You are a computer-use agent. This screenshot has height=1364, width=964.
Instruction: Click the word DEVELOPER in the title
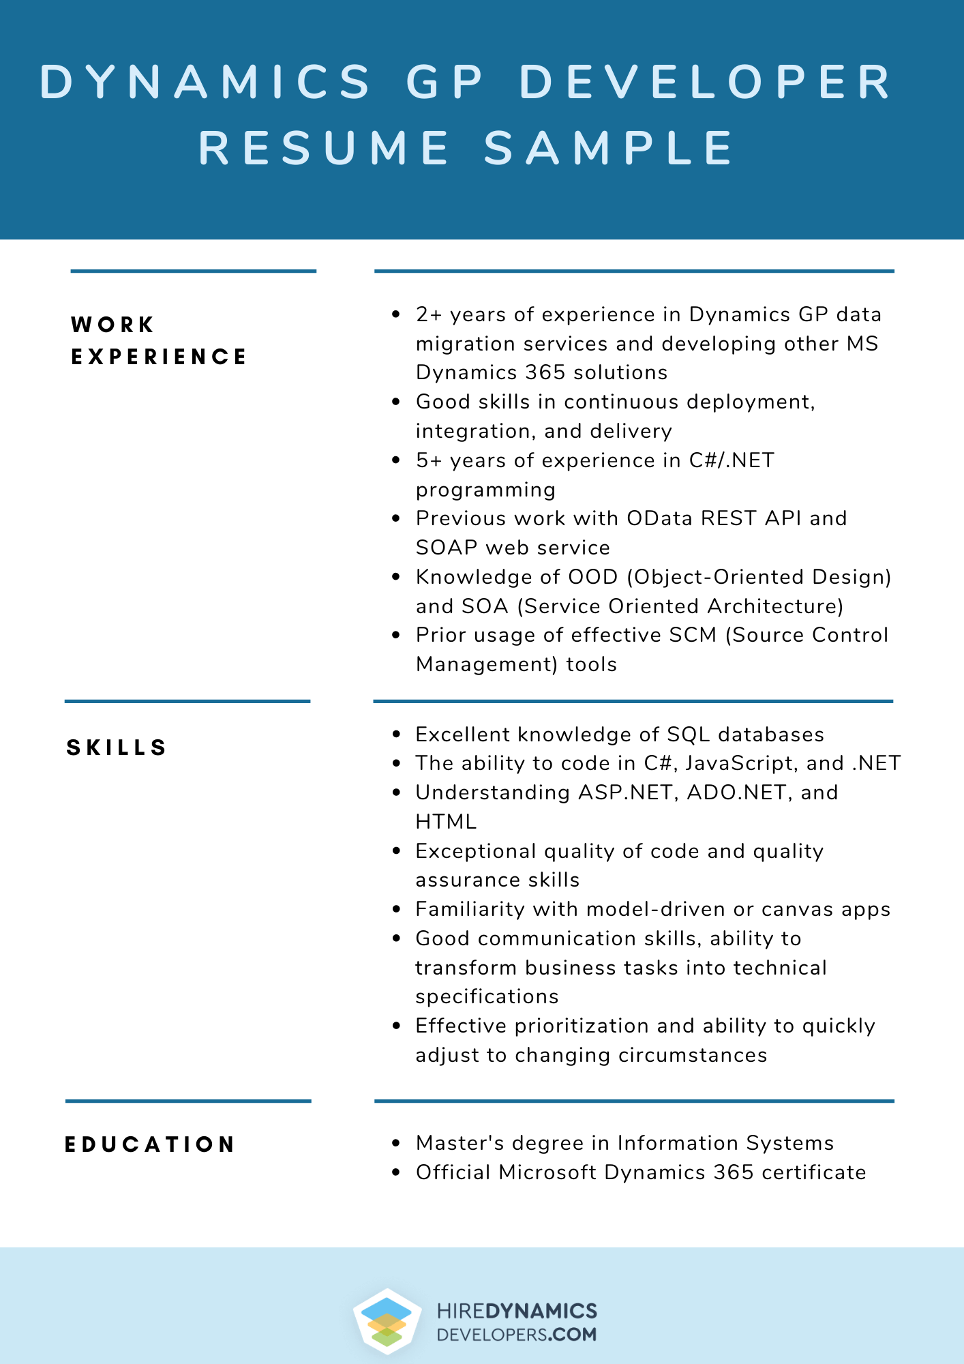pyautogui.click(x=706, y=82)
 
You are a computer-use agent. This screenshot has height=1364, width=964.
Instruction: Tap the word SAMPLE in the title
pyautogui.click(x=609, y=148)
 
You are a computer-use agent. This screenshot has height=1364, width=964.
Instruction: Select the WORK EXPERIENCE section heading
pyautogui.click(x=158, y=340)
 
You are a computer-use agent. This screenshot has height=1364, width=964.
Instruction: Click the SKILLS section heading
pyautogui.click(x=117, y=747)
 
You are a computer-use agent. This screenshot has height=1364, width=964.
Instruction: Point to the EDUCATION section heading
pyautogui.click(x=150, y=1144)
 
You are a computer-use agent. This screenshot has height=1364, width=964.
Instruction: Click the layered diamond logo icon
pyautogui.click(x=387, y=1321)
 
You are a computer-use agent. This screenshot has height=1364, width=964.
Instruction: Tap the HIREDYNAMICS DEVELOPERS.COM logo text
pyautogui.click(x=517, y=1322)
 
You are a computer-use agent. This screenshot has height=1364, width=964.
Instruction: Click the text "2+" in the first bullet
pyautogui.click(x=430, y=314)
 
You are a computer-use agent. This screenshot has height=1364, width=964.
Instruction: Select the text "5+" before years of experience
pyautogui.click(x=430, y=460)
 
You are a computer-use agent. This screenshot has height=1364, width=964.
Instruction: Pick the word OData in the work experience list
pyautogui.click(x=659, y=518)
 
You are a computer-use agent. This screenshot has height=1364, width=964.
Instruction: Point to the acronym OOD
pyautogui.click(x=593, y=577)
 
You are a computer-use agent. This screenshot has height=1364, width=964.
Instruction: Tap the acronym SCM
pyautogui.click(x=693, y=635)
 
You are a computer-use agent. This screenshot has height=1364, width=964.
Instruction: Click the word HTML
pyautogui.click(x=446, y=822)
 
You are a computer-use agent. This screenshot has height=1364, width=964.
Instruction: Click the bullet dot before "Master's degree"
pyautogui.click(x=396, y=1143)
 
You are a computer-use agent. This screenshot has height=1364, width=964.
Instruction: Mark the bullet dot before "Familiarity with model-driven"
pyautogui.click(x=396, y=909)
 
